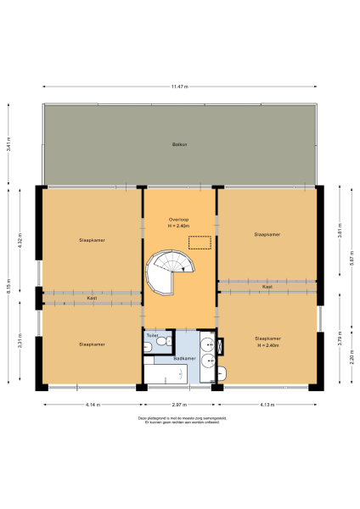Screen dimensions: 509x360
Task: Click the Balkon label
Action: pos(178,145)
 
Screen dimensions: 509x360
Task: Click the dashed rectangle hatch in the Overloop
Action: pos(200,242)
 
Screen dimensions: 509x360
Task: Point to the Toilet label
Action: pos(152,336)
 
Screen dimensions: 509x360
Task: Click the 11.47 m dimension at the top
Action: pos(178,87)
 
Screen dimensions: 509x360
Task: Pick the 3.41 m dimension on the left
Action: pos(9,145)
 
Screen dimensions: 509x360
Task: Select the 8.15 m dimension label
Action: pos(9,288)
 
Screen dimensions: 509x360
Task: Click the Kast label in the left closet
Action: pos(92,299)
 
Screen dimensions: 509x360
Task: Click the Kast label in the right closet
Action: pos(267,287)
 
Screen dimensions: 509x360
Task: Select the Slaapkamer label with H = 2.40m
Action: pos(267,341)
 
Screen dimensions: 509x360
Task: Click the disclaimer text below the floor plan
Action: pos(179,420)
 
